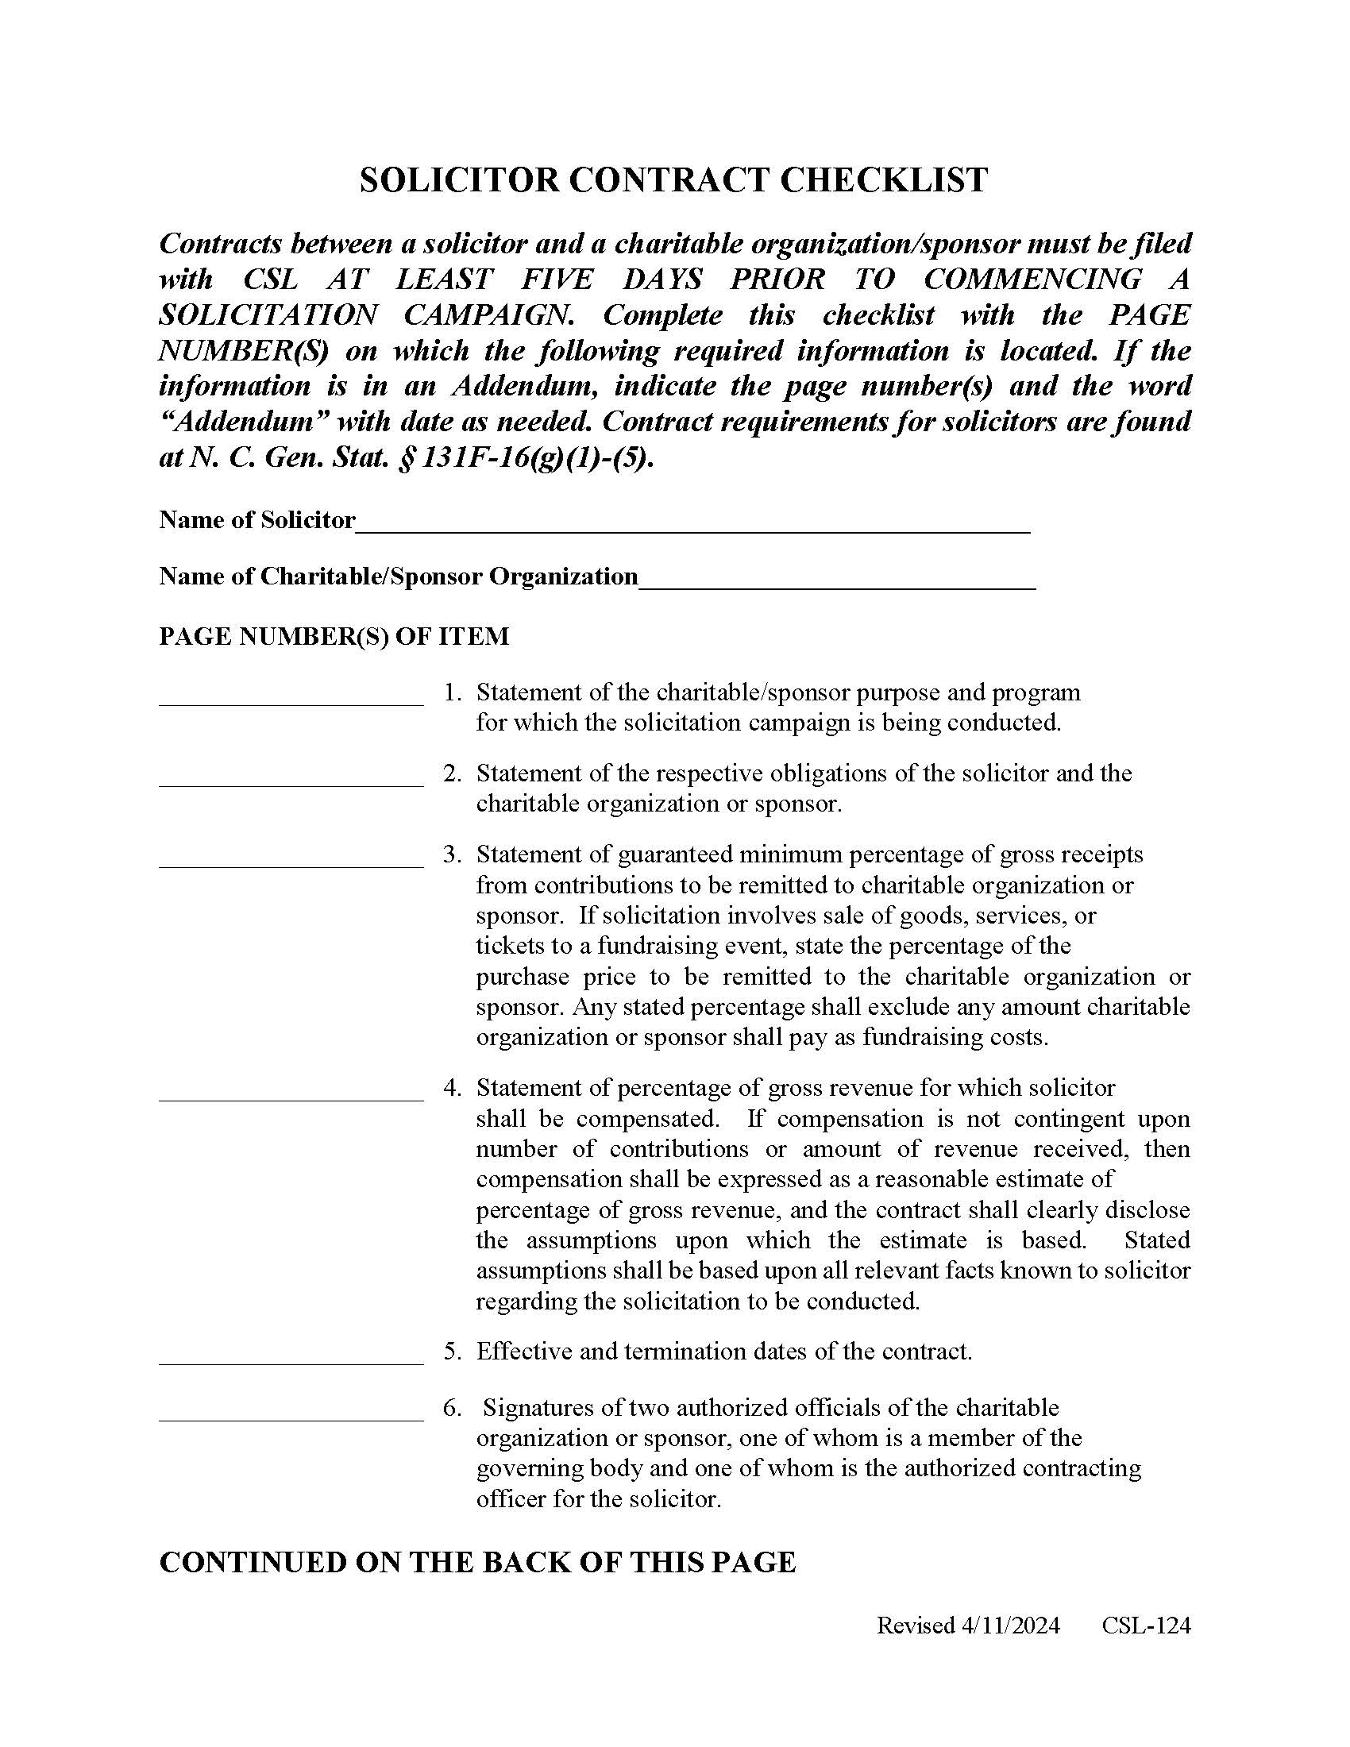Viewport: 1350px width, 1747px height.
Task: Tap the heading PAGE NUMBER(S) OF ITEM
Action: pyautogui.click(x=334, y=637)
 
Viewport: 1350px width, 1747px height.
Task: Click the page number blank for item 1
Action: pyautogui.click(x=291, y=697)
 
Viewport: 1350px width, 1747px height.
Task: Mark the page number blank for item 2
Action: pyautogui.click(x=291, y=778)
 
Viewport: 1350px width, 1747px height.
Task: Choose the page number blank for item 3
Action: pyautogui.click(x=291, y=859)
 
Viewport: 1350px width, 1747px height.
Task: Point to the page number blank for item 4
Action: pyautogui.click(x=291, y=1093)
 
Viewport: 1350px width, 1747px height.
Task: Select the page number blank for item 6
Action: pyautogui.click(x=291, y=1413)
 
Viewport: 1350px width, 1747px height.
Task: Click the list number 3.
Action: pyautogui.click(x=452, y=855)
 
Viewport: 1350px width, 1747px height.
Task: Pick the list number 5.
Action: pyautogui.click(x=452, y=1352)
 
